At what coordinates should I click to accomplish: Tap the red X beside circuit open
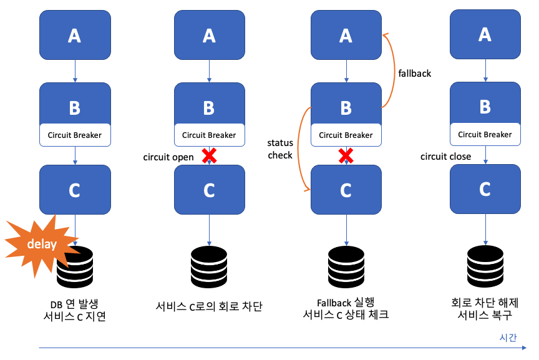(210, 155)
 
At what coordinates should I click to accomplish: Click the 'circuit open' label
(169, 157)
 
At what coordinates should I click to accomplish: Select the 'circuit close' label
(445, 156)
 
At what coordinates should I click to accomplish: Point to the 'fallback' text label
(414, 73)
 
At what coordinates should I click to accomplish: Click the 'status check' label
(279, 148)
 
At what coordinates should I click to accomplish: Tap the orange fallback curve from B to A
(392, 69)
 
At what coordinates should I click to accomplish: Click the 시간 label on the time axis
(508, 337)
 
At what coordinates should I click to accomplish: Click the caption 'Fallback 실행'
(346, 302)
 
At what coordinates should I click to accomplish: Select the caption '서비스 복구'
(485, 314)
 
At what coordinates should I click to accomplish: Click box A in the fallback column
(346, 37)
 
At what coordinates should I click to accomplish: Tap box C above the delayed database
(75, 190)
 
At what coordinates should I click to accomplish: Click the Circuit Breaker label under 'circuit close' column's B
(485, 134)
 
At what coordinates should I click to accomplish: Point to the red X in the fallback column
(346, 155)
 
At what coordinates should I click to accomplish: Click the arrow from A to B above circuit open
(210, 71)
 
